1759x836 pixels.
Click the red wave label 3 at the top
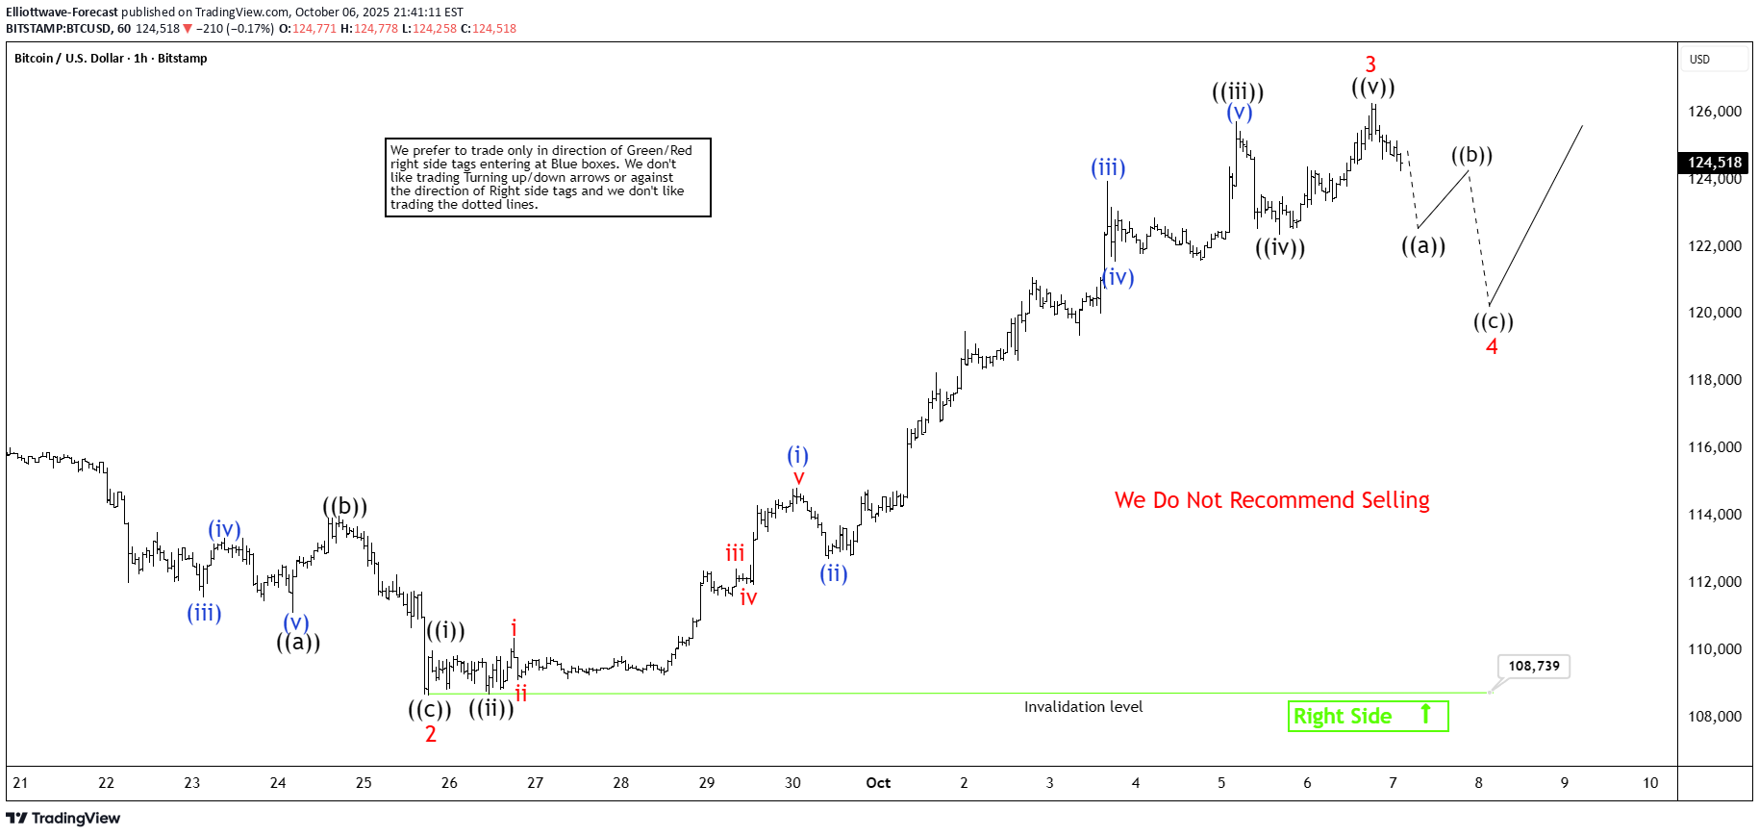pyautogui.click(x=1370, y=64)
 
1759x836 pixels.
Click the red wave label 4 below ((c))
pyautogui.click(x=1492, y=346)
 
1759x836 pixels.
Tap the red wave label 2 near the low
pyautogui.click(x=431, y=734)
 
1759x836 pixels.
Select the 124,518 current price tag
pyautogui.click(x=1715, y=163)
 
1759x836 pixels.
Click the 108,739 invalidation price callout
pyautogui.click(x=1533, y=666)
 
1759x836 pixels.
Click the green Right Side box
pyautogui.click(x=1367, y=716)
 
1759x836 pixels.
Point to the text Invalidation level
pyautogui.click(x=1083, y=707)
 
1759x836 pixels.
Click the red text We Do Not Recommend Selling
pyautogui.click(x=1271, y=500)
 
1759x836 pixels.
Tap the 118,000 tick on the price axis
pyautogui.click(x=1714, y=380)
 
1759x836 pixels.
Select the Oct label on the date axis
pyautogui.click(x=878, y=783)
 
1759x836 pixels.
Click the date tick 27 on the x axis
pyautogui.click(x=535, y=783)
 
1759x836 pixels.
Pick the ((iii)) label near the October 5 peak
pyautogui.click(x=1238, y=92)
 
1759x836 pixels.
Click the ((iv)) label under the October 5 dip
pyautogui.click(x=1280, y=247)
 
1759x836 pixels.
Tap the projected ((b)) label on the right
pyautogui.click(x=1471, y=155)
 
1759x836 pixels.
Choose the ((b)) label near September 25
pyautogui.click(x=344, y=506)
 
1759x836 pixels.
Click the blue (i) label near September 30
pyautogui.click(x=797, y=455)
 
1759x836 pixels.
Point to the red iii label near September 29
pyautogui.click(x=735, y=553)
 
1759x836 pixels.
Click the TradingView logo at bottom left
pyautogui.click(x=63, y=818)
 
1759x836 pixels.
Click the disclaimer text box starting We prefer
pyautogui.click(x=547, y=177)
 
